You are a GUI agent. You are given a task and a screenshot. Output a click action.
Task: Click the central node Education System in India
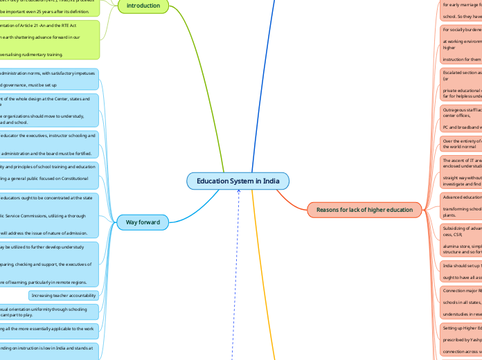tap(238, 181)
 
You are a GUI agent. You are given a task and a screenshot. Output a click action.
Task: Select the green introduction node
tap(143, 6)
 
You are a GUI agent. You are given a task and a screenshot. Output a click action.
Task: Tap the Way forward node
tap(143, 222)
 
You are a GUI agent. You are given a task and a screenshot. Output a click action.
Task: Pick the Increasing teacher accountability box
tap(63, 295)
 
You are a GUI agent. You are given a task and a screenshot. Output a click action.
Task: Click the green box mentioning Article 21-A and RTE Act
tap(48, 39)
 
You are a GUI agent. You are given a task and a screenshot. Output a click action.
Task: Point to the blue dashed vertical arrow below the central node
tap(238, 277)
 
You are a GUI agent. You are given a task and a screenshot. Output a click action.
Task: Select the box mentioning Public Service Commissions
tap(48, 215)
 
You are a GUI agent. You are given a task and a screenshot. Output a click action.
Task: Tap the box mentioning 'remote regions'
tap(48, 264)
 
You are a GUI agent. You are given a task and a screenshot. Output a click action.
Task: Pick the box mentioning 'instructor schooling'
tap(48, 144)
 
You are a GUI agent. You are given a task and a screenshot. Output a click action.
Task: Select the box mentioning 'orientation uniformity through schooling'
tap(48, 311)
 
